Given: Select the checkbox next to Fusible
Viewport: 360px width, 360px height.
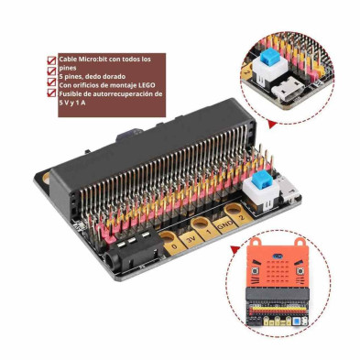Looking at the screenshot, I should point(50,93).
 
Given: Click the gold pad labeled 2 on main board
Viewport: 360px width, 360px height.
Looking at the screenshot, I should point(240,215).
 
